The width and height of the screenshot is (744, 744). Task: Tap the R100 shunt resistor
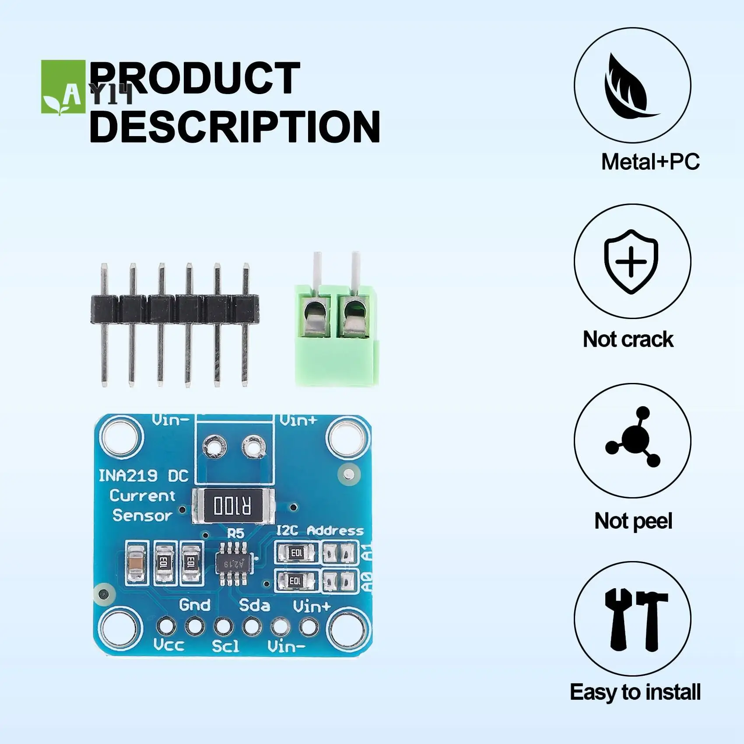[x=233, y=506]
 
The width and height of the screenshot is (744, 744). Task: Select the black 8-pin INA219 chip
[x=235, y=563]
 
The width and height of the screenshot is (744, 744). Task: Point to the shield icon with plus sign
[x=631, y=261]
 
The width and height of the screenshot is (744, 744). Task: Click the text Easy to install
[x=635, y=692]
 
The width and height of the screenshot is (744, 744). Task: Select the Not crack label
[x=628, y=339]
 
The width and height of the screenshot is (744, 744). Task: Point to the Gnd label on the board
[x=195, y=605]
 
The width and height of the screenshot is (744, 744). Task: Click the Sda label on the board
[x=254, y=605]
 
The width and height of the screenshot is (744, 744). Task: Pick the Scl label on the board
[x=226, y=646]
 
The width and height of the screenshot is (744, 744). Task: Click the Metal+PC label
[x=650, y=162]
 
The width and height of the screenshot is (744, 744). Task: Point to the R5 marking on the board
[x=235, y=533]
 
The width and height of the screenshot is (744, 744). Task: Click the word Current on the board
[x=142, y=496]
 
